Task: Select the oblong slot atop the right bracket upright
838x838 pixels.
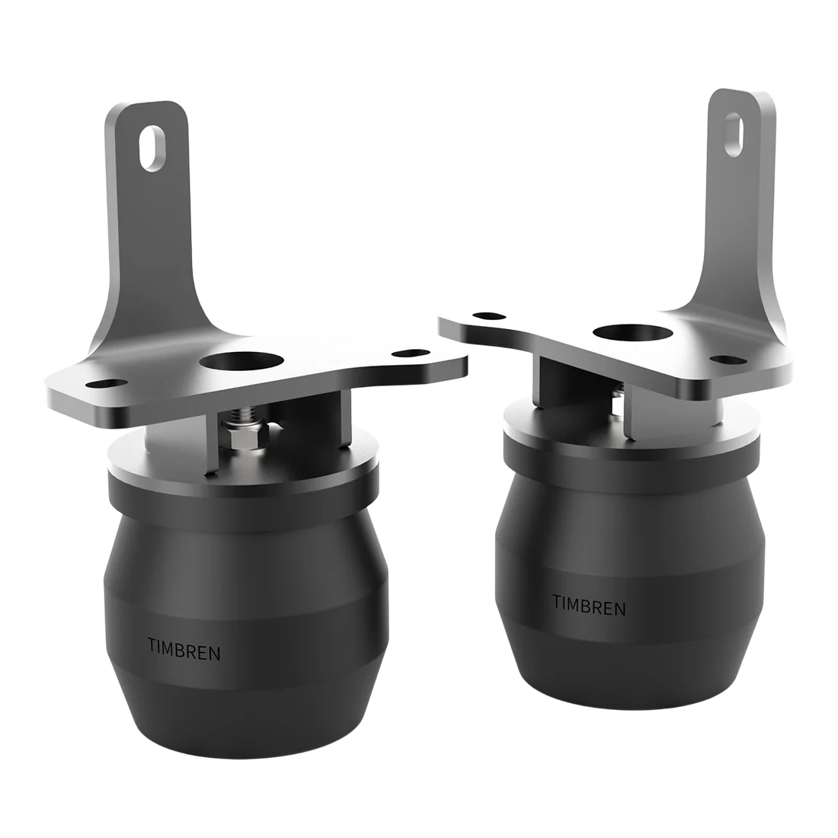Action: tap(735, 131)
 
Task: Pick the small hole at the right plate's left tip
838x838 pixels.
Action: tap(481, 315)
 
